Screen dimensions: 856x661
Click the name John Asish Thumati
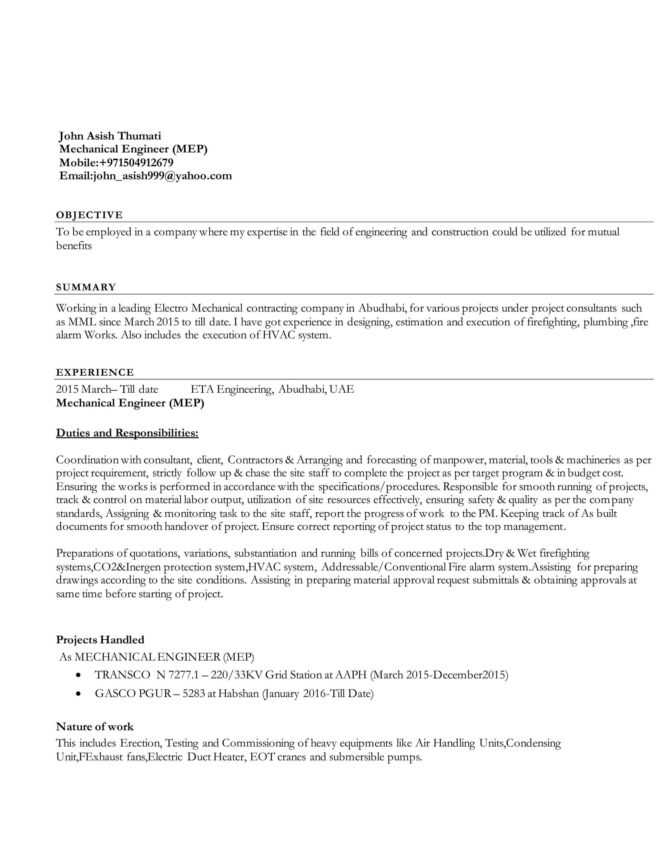[110, 136]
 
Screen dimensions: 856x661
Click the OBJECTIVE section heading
[89, 215]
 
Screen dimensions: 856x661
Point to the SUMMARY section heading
[86, 287]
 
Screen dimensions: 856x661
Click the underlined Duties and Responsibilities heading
[127, 433]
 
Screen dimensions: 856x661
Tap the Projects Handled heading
[100, 640]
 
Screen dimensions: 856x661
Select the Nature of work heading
[95, 727]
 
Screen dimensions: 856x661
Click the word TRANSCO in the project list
[123, 675]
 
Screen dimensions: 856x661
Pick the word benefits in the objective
[74, 246]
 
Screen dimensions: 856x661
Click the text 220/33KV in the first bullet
[237, 675]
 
